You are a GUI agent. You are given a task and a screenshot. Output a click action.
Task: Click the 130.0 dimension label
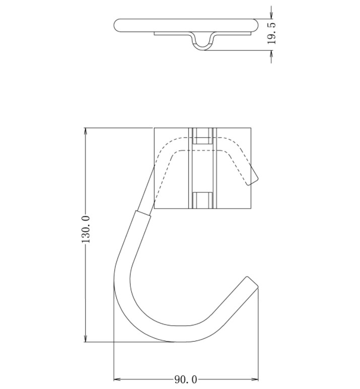point(86,230)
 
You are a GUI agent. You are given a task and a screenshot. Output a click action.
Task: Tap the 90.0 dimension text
point(186,379)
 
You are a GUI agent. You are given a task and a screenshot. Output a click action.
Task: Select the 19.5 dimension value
point(272,33)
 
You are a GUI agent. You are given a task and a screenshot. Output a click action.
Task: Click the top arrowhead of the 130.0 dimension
point(86,133)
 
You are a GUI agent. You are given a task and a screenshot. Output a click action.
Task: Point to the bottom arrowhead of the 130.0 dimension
point(86,337)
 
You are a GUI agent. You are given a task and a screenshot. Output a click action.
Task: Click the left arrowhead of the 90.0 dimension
point(118,379)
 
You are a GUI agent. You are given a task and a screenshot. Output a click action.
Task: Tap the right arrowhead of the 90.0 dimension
point(253,379)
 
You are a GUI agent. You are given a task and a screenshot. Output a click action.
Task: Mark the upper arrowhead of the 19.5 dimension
point(271,14)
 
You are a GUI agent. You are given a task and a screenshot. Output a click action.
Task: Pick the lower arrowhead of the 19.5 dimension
point(271,55)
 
